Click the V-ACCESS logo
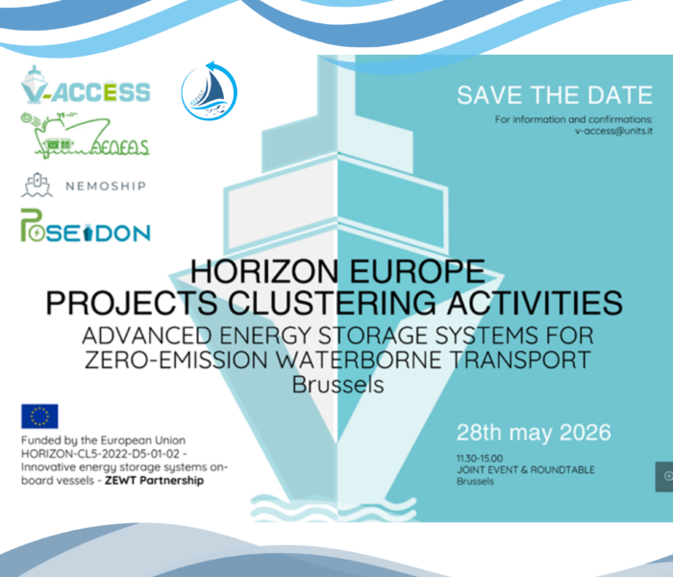86,86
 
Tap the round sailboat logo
209,90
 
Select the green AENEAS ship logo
85,136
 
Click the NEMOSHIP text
106,186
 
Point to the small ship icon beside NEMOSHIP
37,185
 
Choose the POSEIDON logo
86,225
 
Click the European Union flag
39,416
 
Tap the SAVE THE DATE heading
555,95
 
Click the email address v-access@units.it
613,131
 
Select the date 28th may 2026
534,433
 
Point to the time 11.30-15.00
480,458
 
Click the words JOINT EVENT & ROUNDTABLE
526,469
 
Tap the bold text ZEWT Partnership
155,480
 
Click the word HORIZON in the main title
264,272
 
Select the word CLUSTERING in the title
332,303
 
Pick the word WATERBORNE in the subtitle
359,360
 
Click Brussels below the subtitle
337,385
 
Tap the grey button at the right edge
664,477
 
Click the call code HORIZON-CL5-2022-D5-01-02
100,454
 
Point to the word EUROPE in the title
417,272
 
